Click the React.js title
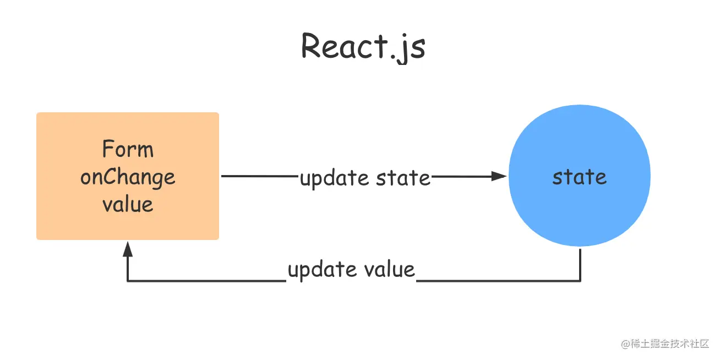click(x=363, y=47)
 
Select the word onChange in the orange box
click(x=128, y=177)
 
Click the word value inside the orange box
click(x=128, y=204)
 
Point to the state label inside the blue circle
click(x=580, y=177)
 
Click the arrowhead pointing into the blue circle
click(x=499, y=176)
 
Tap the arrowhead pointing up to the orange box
click(x=128, y=249)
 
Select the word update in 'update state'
click(x=334, y=178)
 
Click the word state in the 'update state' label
click(x=403, y=178)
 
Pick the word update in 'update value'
click(x=322, y=270)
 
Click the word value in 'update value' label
click(x=390, y=269)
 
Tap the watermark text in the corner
click(x=665, y=343)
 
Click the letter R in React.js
click(x=310, y=46)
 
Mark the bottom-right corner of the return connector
click(x=580, y=281)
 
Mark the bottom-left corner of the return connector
click(x=128, y=281)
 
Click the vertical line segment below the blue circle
click(x=580, y=265)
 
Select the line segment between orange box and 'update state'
click(x=260, y=176)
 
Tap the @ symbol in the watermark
click(x=625, y=344)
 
